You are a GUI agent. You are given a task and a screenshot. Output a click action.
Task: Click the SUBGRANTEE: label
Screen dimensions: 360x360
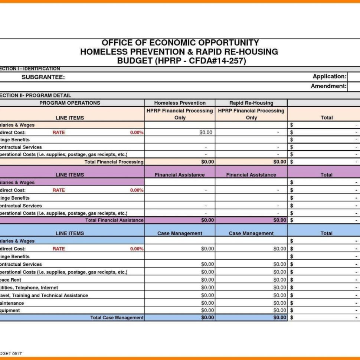point(43,77)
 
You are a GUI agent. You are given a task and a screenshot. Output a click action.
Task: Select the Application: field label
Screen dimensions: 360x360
point(330,76)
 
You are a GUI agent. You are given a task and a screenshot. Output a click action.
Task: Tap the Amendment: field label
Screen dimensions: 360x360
point(328,86)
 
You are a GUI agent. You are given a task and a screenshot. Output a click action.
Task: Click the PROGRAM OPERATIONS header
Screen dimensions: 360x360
point(70,103)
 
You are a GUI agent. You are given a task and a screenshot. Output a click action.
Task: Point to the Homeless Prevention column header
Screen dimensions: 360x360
point(180,103)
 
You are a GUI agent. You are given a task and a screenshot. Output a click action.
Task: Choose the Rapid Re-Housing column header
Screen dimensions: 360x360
point(251,103)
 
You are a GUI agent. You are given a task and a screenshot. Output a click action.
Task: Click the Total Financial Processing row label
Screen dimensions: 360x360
point(114,162)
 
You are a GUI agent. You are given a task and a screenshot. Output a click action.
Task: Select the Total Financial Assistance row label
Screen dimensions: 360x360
point(114,220)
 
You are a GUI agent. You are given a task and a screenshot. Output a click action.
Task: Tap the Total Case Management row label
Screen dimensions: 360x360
point(117,318)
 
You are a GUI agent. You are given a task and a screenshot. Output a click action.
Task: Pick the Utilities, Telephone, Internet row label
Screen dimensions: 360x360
point(29,288)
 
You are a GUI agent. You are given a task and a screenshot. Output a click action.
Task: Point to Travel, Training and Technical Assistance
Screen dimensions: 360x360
point(44,295)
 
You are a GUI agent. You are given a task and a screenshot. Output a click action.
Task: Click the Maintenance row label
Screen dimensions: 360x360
point(12,303)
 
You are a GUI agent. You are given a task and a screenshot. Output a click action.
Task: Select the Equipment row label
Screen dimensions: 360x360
point(10,311)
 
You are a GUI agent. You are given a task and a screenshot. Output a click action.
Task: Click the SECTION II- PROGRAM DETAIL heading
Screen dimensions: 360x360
point(35,95)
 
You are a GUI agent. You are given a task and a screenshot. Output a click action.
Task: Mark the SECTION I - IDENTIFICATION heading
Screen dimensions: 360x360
point(30,69)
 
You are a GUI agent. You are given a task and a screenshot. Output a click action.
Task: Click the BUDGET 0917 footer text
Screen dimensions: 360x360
point(11,353)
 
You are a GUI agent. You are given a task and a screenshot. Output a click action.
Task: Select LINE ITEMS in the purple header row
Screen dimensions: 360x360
point(70,175)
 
